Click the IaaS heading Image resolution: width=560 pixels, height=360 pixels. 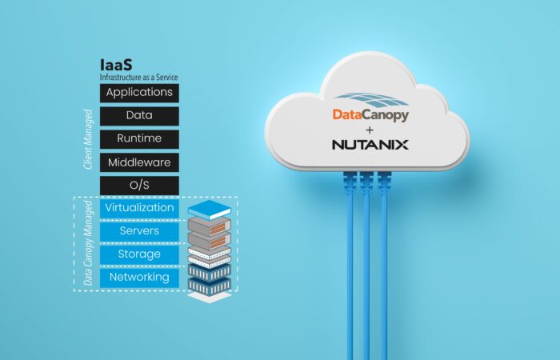(x=116, y=65)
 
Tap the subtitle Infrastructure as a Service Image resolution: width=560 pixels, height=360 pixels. (x=138, y=77)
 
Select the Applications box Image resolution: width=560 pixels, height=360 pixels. (x=139, y=93)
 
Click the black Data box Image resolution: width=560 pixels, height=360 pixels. (x=139, y=116)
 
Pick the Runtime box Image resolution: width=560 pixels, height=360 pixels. (x=139, y=139)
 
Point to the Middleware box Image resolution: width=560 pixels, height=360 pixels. (x=139, y=162)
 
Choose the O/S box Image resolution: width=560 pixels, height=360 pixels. (x=139, y=186)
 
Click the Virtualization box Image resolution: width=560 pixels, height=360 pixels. (x=139, y=209)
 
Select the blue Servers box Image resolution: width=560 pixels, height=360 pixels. (x=139, y=231)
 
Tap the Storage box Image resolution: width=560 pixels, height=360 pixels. (x=139, y=254)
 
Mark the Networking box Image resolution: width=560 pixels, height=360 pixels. (x=139, y=278)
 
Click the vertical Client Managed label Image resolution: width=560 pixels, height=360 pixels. (x=88, y=139)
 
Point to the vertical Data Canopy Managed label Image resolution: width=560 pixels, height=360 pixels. (x=88, y=243)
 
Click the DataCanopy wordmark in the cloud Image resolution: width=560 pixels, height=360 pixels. (x=370, y=115)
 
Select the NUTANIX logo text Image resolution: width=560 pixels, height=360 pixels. (x=370, y=145)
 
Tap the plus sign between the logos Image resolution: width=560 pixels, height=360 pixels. (x=370, y=130)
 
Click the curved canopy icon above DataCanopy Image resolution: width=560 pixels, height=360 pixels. (x=370, y=100)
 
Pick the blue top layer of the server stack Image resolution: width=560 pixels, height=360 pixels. (x=210, y=210)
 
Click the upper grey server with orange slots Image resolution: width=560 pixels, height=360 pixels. (x=210, y=226)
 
